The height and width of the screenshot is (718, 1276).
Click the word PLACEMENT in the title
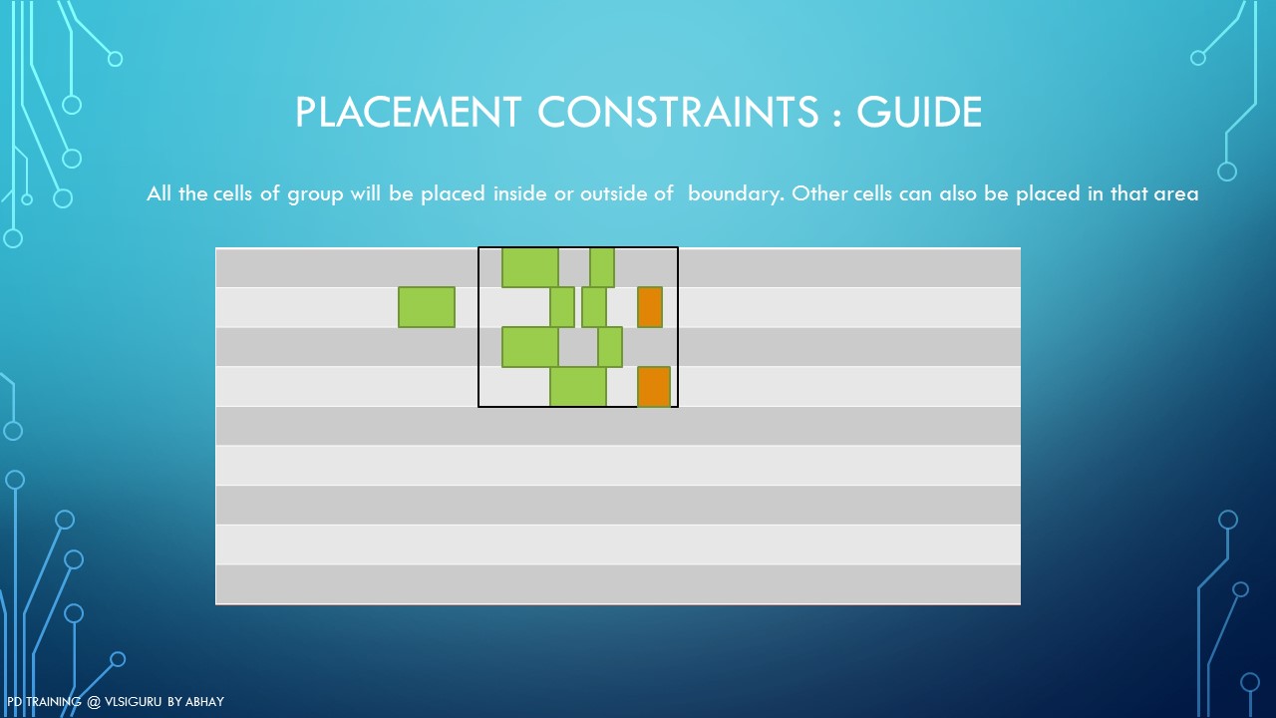pyautogui.click(x=408, y=112)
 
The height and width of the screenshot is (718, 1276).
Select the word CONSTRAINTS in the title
pyautogui.click(x=678, y=112)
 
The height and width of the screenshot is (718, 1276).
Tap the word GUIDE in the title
pyautogui.click(x=919, y=112)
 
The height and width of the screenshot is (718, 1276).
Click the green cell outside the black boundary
pyautogui.click(x=427, y=307)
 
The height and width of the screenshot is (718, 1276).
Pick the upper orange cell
pyautogui.click(x=650, y=307)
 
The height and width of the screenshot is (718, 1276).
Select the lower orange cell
pyautogui.click(x=654, y=387)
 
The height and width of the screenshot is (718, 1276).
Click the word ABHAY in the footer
pyautogui.click(x=205, y=701)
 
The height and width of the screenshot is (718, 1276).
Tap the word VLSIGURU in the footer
pyautogui.click(x=133, y=701)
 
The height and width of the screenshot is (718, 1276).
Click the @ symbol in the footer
pyautogui.click(x=94, y=702)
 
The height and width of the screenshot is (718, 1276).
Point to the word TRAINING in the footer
pyautogui.click(x=54, y=701)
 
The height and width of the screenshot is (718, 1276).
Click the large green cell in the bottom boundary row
pyautogui.click(x=578, y=387)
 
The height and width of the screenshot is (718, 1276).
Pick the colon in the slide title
pyautogui.click(x=836, y=115)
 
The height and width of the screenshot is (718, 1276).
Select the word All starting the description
pyautogui.click(x=159, y=193)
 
